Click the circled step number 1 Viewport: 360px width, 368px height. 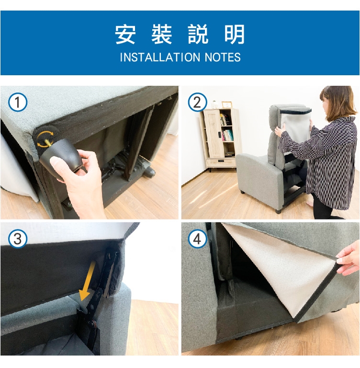[x=18, y=103]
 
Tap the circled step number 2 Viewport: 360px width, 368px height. [x=197, y=103]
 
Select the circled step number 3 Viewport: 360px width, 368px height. [x=18, y=239]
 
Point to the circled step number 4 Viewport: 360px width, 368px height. [x=197, y=239]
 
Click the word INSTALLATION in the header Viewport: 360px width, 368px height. [x=160, y=57]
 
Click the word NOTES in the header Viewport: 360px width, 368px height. [x=223, y=57]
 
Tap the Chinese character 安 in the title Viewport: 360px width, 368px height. [x=125, y=34]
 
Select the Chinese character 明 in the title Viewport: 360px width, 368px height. [x=235, y=34]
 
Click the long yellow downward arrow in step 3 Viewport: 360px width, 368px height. [x=88, y=281]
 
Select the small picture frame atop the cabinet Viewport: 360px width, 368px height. [x=226, y=104]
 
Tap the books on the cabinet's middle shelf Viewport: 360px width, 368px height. [x=227, y=135]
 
